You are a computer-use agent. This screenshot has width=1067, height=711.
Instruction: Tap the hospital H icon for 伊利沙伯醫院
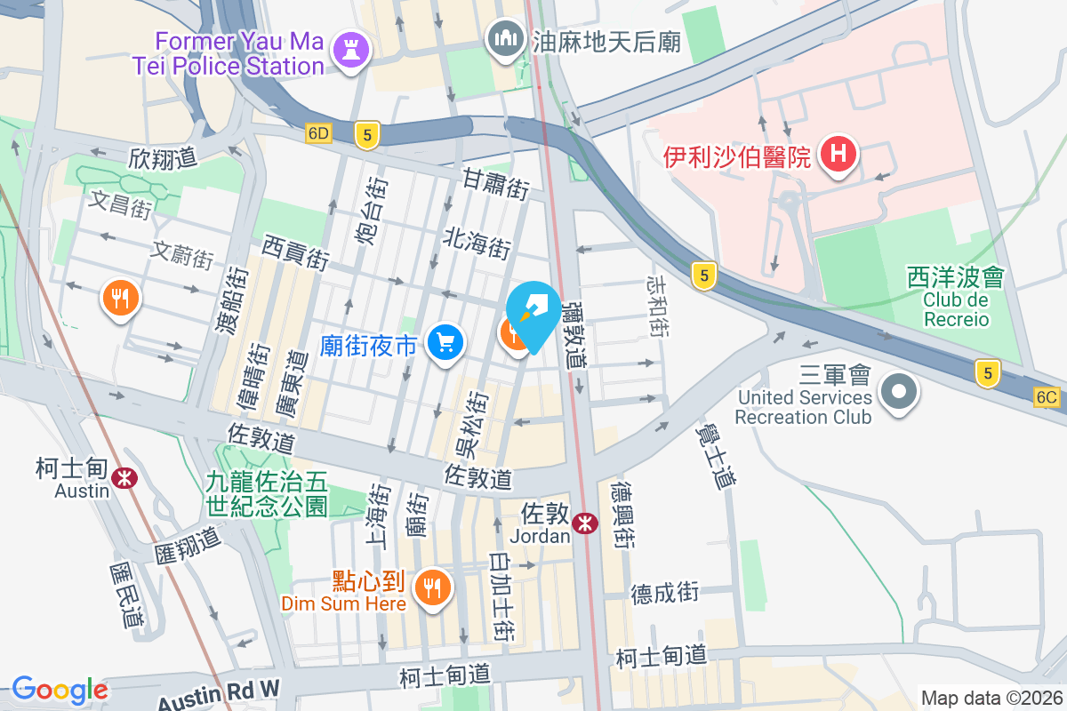837,155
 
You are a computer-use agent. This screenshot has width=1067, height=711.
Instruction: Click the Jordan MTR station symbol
584,523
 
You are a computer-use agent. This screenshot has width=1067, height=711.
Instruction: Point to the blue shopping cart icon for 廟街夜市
445,342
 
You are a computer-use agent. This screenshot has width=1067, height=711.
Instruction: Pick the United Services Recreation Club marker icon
898,391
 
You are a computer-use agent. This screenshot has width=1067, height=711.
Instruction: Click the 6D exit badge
317,134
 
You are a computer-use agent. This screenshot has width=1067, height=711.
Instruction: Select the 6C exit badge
1048,397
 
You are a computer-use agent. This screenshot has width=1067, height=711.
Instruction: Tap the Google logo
60,690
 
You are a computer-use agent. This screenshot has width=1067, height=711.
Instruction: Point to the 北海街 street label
477,242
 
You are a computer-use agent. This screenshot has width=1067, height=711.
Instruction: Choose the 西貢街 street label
296,252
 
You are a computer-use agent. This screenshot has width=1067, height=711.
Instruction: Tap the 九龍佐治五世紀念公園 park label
267,495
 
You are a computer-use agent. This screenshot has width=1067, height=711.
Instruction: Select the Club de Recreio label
956,309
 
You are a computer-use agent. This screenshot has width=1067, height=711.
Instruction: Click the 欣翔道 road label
162,158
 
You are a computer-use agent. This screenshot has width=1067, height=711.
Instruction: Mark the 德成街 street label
665,593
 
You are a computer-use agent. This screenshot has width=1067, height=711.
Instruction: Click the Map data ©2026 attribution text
991,699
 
